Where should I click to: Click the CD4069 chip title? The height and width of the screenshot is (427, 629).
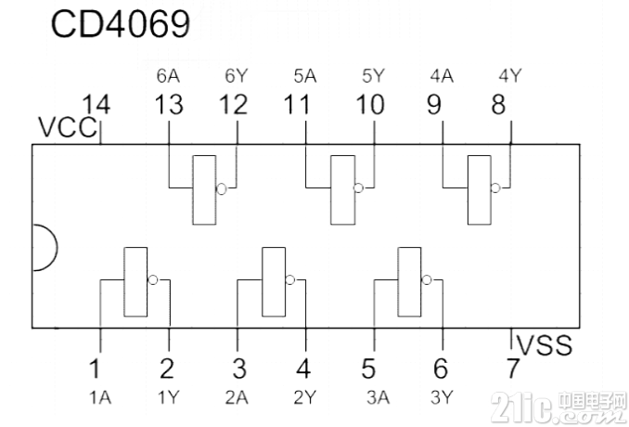click(x=121, y=24)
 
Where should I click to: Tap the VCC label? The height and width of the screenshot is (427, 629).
click(x=68, y=127)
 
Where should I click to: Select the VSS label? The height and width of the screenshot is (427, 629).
click(x=545, y=345)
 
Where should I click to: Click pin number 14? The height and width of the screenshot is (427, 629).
click(x=96, y=105)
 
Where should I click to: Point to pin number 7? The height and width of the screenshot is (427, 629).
click(x=512, y=369)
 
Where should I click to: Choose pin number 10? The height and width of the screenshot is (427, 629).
click(x=370, y=105)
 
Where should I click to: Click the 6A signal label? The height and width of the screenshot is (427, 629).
click(x=168, y=76)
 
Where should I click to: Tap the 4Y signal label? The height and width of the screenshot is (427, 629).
click(x=510, y=75)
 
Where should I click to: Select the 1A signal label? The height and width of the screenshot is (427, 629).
click(x=100, y=397)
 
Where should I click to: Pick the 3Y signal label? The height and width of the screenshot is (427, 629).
click(x=442, y=397)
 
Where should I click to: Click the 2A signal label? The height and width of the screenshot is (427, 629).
click(x=237, y=397)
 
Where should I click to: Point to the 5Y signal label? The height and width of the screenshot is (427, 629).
click(x=374, y=76)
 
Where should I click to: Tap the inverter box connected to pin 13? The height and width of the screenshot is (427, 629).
click(x=204, y=189)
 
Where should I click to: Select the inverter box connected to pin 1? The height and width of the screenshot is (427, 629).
click(x=135, y=281)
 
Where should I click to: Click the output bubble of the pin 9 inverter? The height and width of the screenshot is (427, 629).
click(x=495, y=188)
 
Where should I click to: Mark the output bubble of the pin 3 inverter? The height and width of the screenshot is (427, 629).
click(x=290, y=279)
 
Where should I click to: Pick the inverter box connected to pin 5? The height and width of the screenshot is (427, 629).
click(x=409, y=281)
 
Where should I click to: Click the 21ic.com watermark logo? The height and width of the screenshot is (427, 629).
click(x=558, y=407)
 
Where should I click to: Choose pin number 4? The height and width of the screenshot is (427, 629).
click(x=303, y=369)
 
